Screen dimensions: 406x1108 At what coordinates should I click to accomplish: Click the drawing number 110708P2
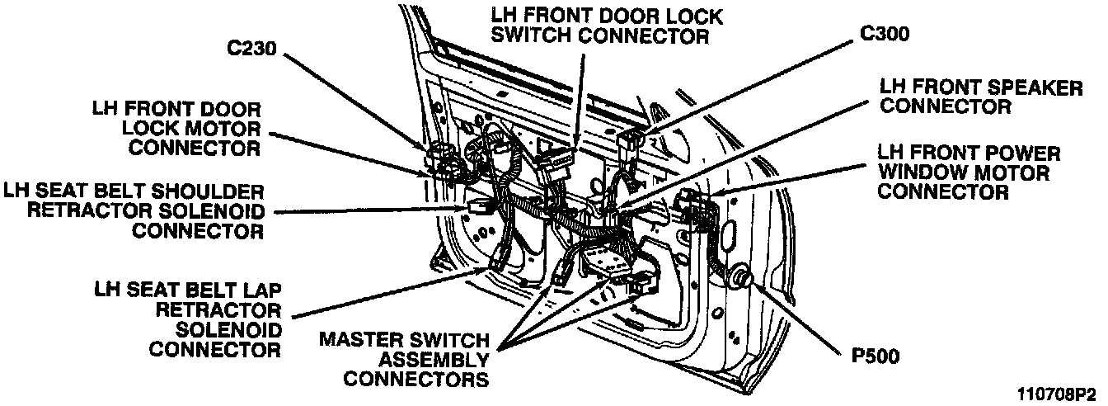(x=1057, y=394)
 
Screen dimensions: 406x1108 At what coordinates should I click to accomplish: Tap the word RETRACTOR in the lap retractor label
(x=221, y=309)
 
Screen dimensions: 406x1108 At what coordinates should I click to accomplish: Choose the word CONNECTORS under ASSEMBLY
(x=416, y=380)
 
